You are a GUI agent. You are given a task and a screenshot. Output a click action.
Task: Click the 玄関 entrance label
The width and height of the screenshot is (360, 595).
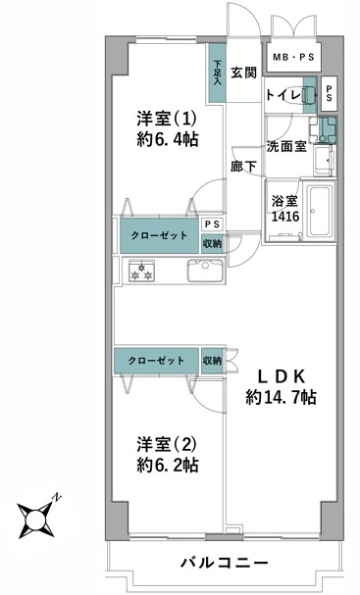click(x=244, y=72)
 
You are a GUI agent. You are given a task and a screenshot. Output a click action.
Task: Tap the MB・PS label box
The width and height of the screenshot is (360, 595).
click(x=292, y=58)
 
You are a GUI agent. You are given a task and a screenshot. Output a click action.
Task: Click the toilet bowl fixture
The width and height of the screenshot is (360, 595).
click(x=310, y=96)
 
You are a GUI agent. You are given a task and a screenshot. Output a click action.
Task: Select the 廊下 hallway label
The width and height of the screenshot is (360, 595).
click(x=243, y=168)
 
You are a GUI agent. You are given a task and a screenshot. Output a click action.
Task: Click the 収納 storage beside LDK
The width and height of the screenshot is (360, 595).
click(x=212, y=361)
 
